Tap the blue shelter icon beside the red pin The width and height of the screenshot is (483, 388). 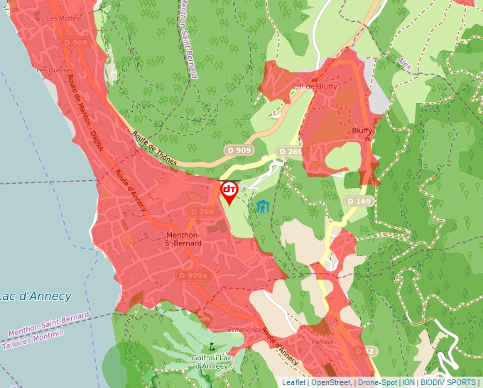(x=264, y=207)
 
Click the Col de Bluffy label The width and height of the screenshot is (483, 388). (x=315, y=87)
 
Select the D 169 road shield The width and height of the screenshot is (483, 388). (x=359, y=201)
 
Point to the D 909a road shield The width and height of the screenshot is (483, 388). (x=192, y=275)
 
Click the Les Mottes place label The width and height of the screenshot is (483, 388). (x=63, y=18)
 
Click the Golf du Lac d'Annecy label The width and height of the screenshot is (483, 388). (x=210, y=362)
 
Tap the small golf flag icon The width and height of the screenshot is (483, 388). (x=211, y=347)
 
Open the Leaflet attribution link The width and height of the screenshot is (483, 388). (x=293, y=382)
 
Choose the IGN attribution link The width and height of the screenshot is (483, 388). (x=409, y=382)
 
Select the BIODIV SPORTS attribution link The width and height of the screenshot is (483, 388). (x=448, y=382)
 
